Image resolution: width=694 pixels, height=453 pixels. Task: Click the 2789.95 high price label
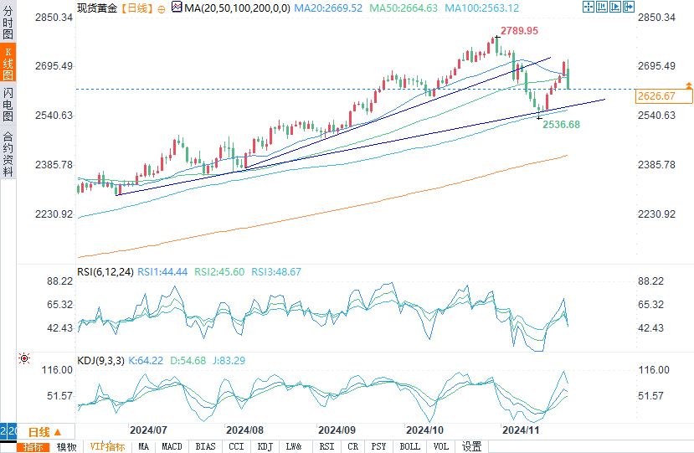(519, 31)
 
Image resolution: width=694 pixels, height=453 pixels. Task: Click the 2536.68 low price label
(561, 124)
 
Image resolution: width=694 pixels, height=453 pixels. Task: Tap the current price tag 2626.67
(655, 96)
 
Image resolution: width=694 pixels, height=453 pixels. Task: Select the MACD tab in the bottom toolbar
(172, 446)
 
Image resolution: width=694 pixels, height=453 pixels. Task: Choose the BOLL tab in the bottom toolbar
(409, 446)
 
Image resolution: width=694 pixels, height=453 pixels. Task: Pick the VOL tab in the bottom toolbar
(441, 446)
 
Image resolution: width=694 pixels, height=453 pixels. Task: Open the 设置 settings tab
(471, 446)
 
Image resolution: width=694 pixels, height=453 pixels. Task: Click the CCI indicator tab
(236, 446)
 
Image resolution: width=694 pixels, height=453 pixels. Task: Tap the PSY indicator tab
(379, 446)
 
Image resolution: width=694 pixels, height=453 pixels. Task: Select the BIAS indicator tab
(204, 446)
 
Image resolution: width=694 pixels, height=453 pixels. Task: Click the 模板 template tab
(66, 446)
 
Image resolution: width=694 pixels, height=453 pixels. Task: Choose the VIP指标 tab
(107, 446)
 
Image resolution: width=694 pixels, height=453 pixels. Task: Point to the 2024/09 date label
(337, 430)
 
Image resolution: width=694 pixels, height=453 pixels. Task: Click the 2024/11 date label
(520, 430)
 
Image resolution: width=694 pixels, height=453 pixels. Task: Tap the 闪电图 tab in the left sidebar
(8, 105)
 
